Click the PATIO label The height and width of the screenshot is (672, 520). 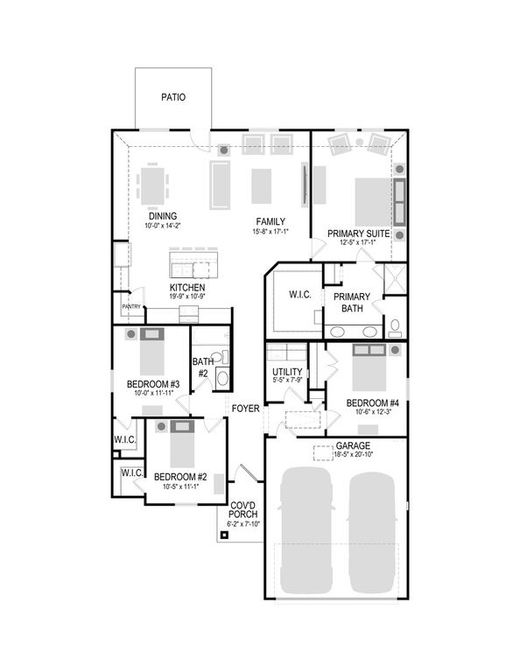(172, 98)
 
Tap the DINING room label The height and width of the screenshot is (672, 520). (162, 216)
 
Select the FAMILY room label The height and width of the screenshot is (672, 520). (271, 221)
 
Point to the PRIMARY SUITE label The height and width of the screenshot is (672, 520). (359, 234)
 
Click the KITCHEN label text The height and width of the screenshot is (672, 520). (187, 288)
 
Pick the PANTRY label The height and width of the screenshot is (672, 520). (131, 307)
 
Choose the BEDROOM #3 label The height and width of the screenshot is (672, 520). (154, 384)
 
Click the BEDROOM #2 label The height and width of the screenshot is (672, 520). (180, 477)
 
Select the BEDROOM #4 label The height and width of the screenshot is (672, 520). (371, 403)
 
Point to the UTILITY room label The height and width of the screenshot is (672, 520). (286, 372)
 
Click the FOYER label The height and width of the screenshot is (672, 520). (246, 408)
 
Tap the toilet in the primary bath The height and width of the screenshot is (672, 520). (395, 327)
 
